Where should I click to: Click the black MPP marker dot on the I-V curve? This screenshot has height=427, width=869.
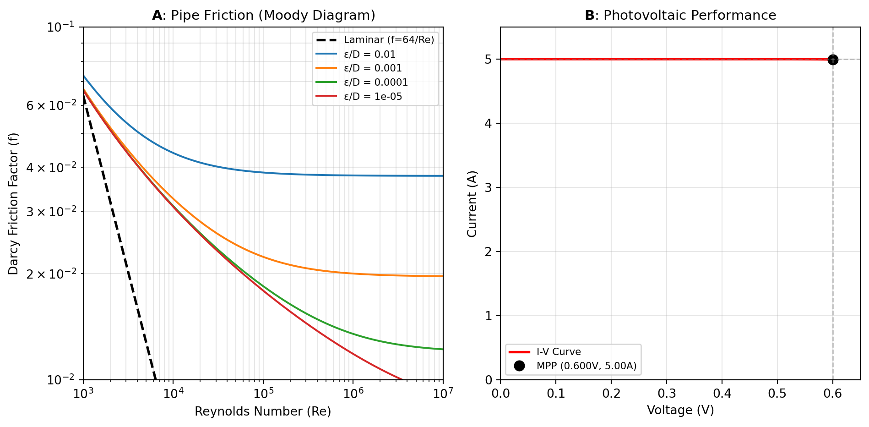pyautogui.click(x=833, y=60)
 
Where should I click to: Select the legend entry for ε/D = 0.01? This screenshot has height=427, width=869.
pyautogui.click(x=369, y=55)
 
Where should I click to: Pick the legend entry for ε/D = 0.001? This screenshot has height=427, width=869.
pyautogui.click(x=373, y=68)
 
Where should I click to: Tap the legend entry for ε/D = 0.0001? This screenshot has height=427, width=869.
pyautogui.click(x=375, y=82)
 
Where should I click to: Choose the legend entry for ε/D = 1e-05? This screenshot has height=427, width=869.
pyautogui.click(x=373, y=97)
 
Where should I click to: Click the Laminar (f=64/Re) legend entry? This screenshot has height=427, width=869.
pyautogui.click(x=389, y=40)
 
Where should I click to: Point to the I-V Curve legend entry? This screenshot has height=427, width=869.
pyautogui.click(x=559, y=352)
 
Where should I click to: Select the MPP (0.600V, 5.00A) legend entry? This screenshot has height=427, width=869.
pyautogui.click(x=586, y=366)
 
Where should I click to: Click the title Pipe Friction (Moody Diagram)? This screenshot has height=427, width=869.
pyautogui.click(x=264, y=16)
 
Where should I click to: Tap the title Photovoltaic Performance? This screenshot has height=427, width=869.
pyautogui.click(x=680, y=16)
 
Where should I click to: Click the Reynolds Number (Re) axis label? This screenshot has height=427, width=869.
pyautogui.click(x=263, y=411)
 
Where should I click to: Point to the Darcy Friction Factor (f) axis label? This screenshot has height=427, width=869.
pyautogui.click(x=14, y=203)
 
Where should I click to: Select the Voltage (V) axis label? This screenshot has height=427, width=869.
pyautogui.click(x=680, y=410)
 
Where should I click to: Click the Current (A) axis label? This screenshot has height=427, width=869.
pyautogui.click(x=472, y=203)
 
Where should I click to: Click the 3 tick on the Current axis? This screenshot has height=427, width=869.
pyautogui.click(x=488, y=188)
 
